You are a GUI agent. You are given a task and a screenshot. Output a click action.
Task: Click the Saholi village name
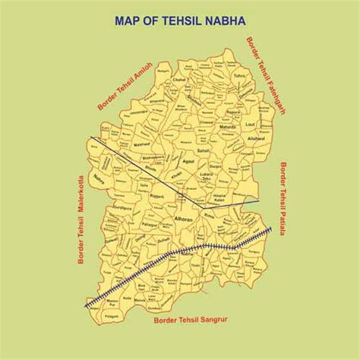(203, 151)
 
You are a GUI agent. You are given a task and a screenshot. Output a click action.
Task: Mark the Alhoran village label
(185, 217)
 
